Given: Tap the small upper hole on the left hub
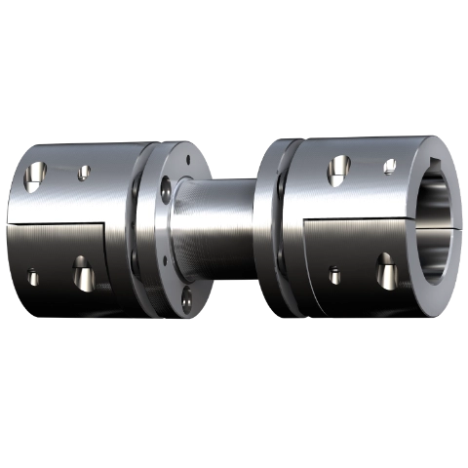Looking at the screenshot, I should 84,172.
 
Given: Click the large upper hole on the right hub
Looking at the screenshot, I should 338,170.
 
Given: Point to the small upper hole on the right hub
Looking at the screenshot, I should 389,166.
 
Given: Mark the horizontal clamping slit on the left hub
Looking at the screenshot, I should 58,223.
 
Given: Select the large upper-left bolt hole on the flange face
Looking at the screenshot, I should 167,185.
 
